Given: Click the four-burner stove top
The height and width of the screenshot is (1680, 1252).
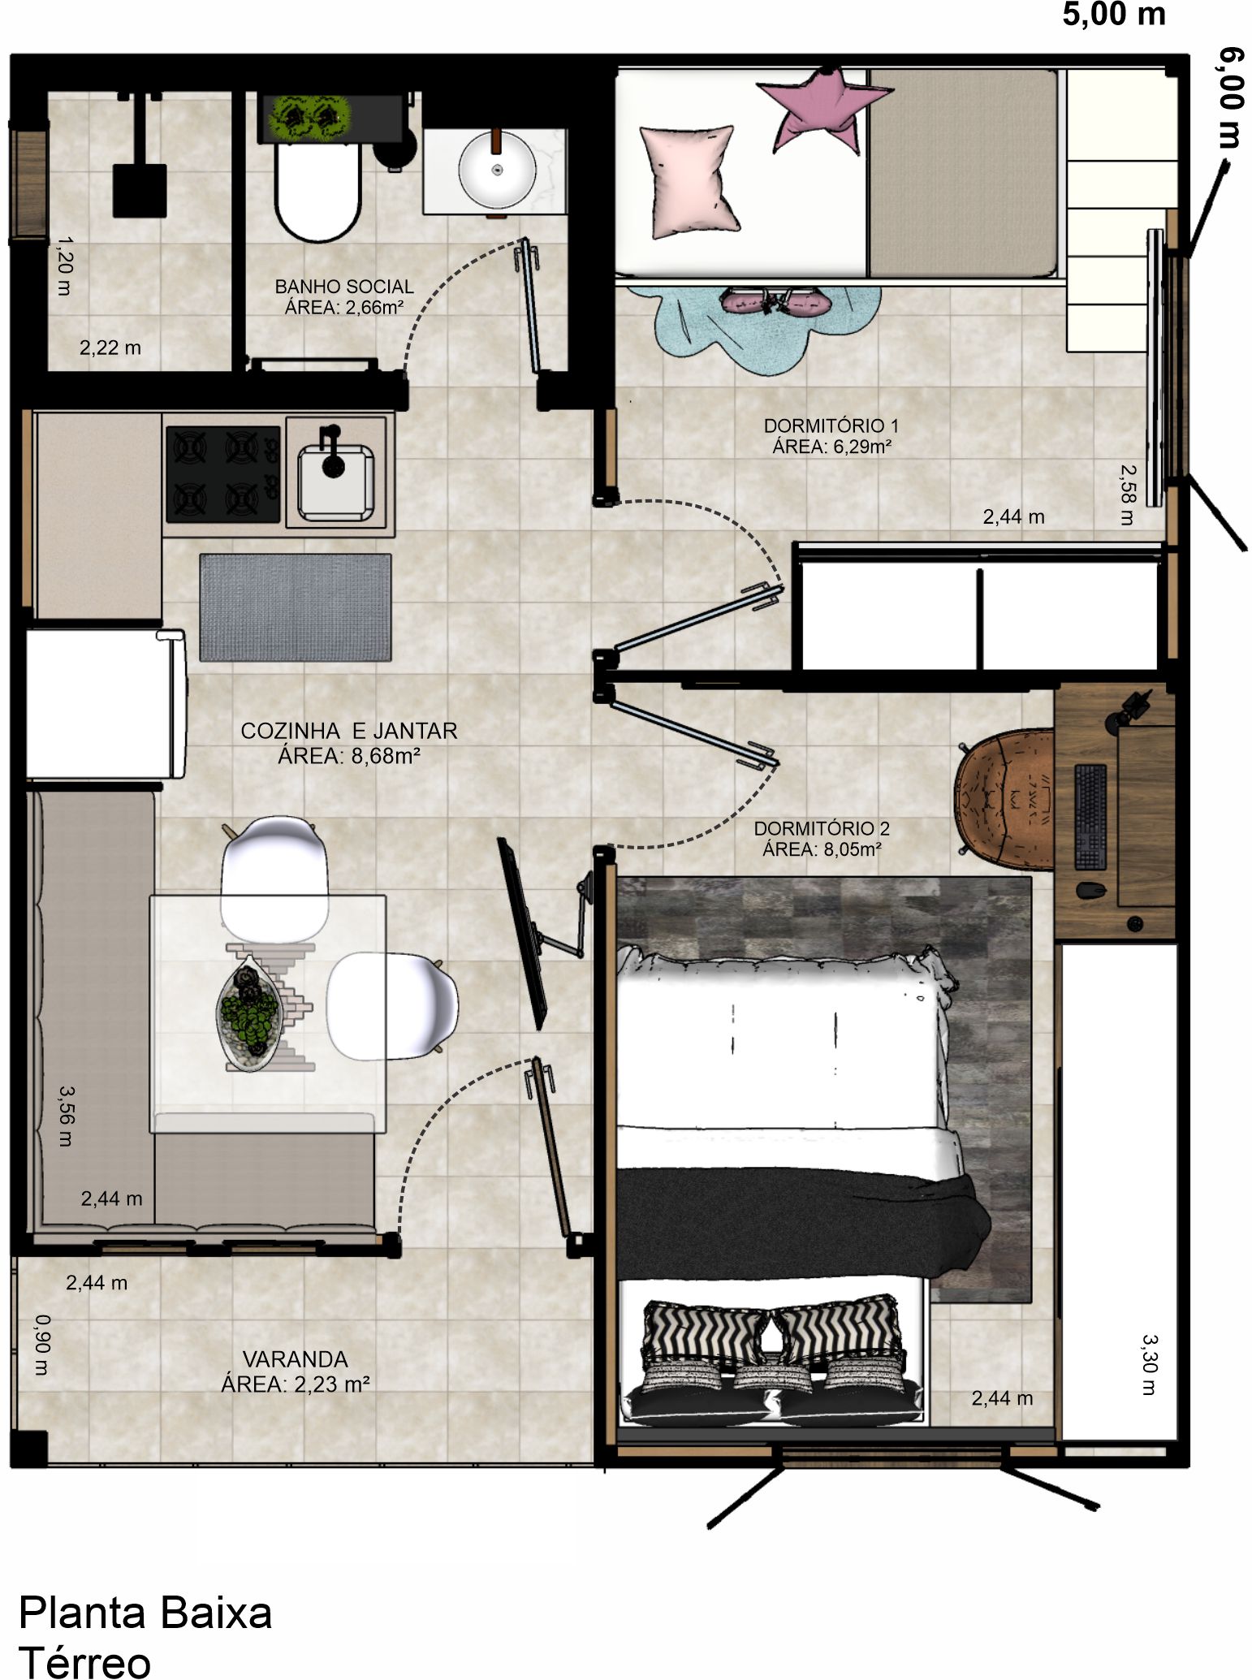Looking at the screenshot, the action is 223,474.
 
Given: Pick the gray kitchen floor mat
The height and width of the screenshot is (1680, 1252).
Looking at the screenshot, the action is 296,607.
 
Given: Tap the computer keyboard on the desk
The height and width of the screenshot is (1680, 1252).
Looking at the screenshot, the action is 1090,817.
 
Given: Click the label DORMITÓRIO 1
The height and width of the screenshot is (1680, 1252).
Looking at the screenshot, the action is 831,425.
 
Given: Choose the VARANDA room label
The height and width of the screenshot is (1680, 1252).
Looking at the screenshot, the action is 295,1359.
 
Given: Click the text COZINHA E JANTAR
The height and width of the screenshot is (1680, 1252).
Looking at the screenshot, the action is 349,731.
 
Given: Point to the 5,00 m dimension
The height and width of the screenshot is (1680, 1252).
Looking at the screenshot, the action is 1114,15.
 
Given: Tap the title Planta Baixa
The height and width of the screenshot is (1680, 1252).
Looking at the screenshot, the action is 145,1612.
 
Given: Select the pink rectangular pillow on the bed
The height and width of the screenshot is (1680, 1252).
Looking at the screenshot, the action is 690,181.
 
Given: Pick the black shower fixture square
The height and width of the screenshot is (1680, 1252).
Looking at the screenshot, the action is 140,191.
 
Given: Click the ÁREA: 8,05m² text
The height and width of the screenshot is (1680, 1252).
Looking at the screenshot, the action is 822,849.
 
